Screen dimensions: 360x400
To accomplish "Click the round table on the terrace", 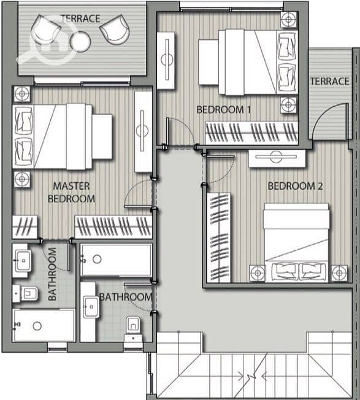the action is [80, 41].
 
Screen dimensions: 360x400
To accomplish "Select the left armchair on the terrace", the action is [45, 31].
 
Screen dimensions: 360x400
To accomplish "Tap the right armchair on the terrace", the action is [115, 29].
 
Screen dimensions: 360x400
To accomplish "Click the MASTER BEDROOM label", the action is [71, 193].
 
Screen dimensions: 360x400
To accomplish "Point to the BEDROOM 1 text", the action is [224, 110].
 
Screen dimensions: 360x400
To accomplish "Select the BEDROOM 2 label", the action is [295, 186].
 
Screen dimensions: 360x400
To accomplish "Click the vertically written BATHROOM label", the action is [52, 274].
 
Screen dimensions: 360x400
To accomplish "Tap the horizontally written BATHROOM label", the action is [126, 297].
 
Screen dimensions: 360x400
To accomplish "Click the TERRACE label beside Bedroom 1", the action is [330, 82].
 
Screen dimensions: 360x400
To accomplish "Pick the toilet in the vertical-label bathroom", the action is [26, 293].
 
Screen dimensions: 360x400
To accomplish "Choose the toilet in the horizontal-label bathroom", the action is [133, 329].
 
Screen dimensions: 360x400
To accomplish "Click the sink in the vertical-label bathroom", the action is [23, 261].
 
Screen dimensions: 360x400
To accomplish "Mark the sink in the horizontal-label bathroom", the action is [91, 307].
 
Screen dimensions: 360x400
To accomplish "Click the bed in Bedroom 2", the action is [296, 242].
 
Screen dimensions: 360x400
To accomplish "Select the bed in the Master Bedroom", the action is [63, 136].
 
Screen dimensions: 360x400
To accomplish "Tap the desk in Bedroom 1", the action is [166, 60].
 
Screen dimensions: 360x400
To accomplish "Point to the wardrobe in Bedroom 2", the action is [219, 238].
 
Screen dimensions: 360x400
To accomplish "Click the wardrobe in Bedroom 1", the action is [252, 133].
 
